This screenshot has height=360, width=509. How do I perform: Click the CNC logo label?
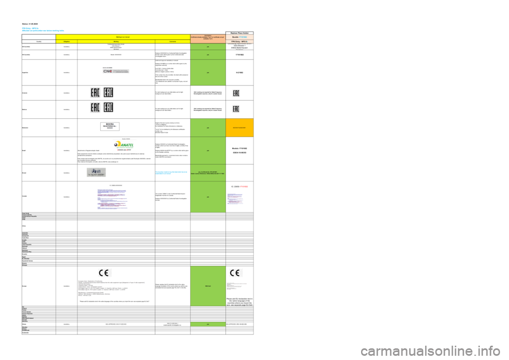click(119, 70)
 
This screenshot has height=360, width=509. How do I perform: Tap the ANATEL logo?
click(125, 145)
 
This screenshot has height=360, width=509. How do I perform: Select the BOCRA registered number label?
click(110, 126)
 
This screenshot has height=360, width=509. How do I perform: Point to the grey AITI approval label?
click(96, 172)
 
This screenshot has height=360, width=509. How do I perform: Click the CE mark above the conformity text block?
click(105, 273)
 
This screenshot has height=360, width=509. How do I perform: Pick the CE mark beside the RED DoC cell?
click(236, 273)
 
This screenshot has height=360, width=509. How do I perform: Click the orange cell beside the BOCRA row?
click(240, 128)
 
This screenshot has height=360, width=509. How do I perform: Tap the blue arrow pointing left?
click(164, 172)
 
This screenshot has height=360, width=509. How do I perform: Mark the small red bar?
click(244, 187)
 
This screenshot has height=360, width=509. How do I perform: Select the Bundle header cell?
click(240, 37)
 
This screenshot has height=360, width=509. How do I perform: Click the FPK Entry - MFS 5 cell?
click(240, 41)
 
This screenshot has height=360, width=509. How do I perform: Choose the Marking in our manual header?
click(123, 37)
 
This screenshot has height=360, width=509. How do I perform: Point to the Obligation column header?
click(67, 41)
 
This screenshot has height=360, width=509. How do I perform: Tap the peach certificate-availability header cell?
click(208, 39)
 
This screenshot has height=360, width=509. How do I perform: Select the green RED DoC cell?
click(208, 286)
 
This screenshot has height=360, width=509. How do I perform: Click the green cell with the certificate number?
click(208, 173)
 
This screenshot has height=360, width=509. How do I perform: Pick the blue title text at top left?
click(42, 29)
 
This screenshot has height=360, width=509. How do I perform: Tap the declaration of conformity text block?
click(111, 288)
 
